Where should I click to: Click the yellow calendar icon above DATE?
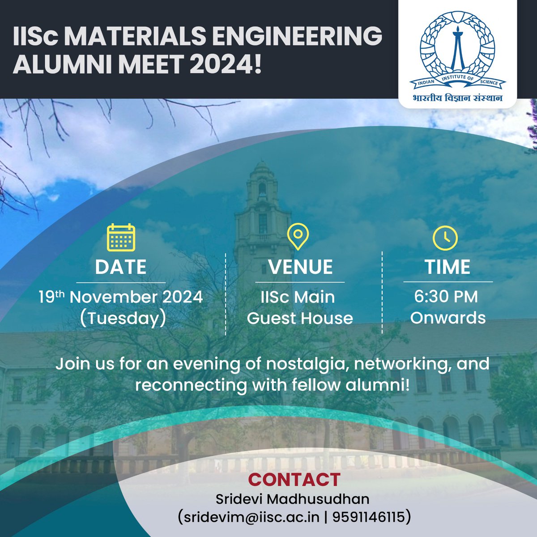click(x=121, y=237)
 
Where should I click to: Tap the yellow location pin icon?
click(x=298, y=236)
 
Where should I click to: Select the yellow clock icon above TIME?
click(x=445, y=238)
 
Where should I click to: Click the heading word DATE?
click(x=121, y=267)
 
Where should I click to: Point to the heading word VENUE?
click(x=300, y=267)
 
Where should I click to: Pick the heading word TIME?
click(x=447, y=267)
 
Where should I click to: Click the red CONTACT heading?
click(x=294, y=479)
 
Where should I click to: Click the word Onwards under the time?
click(x=447, y=318)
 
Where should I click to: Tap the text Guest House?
click(x=300, y=318)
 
